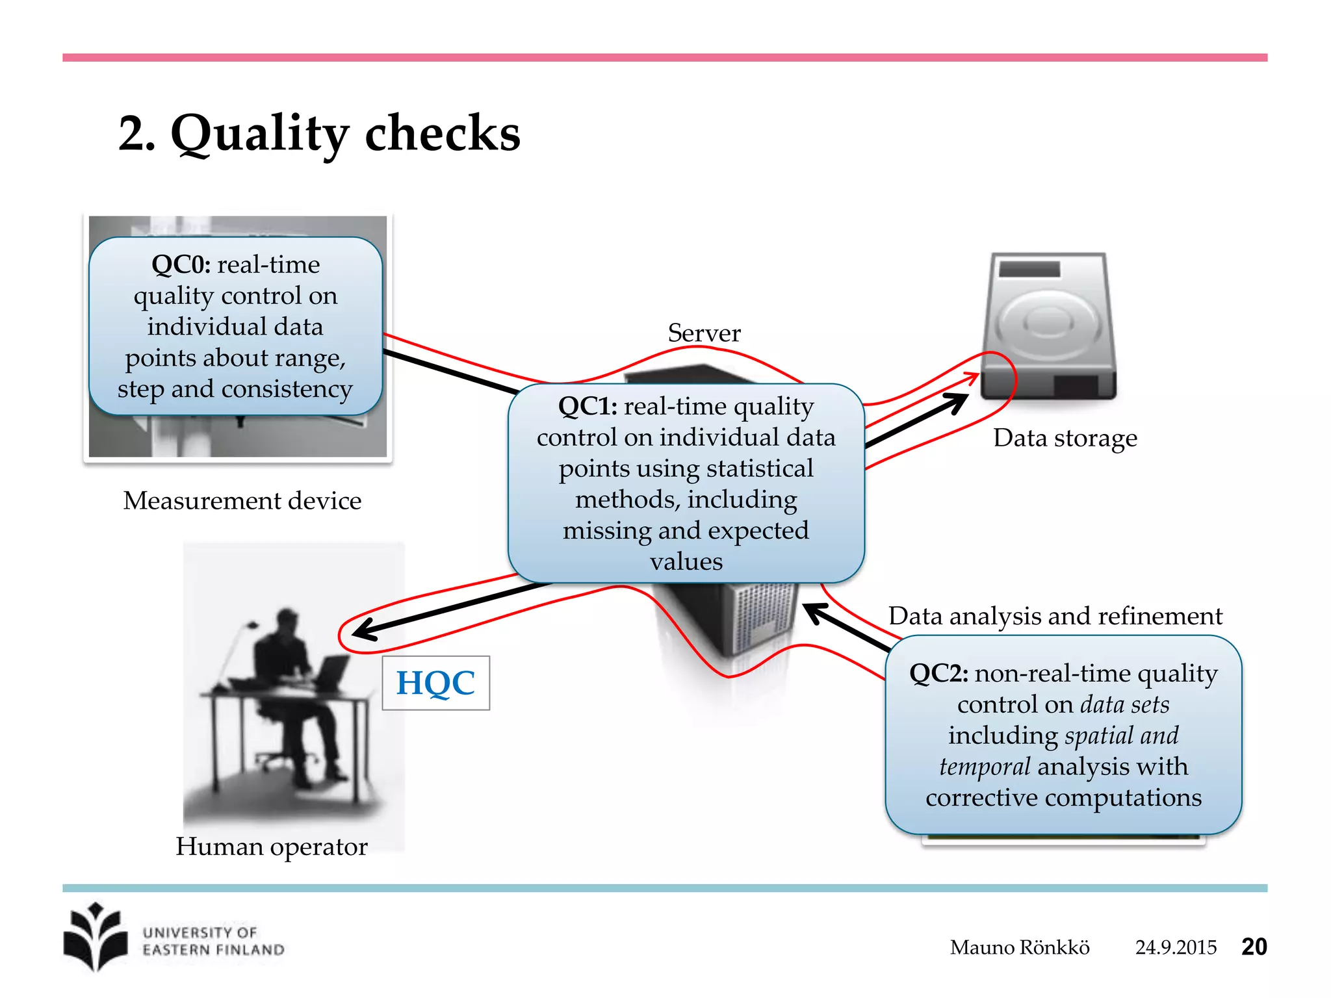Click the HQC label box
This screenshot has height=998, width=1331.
point(435,683)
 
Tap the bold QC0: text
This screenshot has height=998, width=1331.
point(181,264)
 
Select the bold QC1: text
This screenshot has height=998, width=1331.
point(588,407)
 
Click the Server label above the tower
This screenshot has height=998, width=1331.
point(704,333)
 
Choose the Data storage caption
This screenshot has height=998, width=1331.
point(1065,438)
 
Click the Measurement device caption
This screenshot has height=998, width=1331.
point(242,501)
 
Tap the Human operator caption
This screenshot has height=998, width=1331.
point(271,847)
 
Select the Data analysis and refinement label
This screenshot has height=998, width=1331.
point(1055,616)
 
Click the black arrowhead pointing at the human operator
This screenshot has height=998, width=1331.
point(364,630)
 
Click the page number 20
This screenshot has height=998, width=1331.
point(1254,947)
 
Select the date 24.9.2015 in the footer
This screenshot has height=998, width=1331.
point(1175,947)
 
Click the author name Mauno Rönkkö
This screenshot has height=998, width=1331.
point(1019,947)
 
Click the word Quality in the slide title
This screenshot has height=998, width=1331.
point(260,134)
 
